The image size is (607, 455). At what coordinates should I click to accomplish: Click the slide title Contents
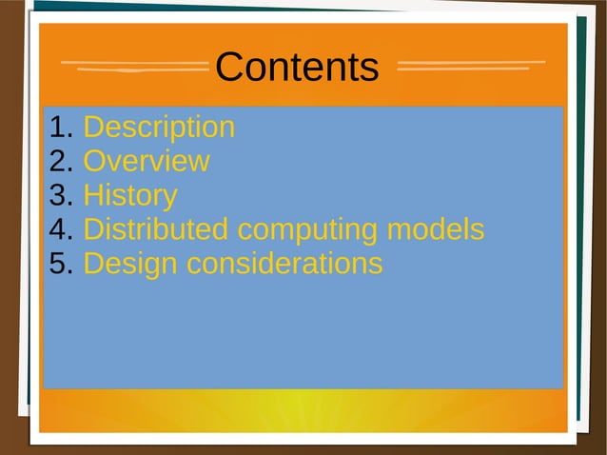tap(297, 68)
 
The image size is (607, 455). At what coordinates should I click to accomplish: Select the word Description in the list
tap(159, 128)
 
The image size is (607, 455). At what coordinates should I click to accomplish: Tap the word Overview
tap(147, 161)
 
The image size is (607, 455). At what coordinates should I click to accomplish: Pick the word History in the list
tap(130, 196)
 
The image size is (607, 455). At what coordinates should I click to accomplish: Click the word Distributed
tap(156, 229)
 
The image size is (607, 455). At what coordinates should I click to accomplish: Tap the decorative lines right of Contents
tap(470, 67)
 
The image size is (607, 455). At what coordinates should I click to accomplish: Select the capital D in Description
tap(94, 128)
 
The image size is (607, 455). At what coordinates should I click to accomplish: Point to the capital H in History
tap(94, 196)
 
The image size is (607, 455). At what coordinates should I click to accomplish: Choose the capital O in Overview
tap(95, 161)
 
